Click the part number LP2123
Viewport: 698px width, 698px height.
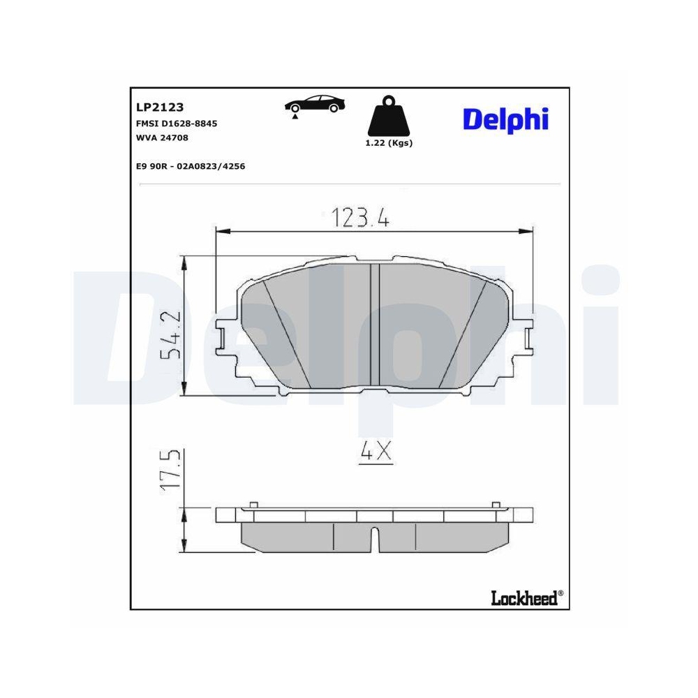pos(159,107)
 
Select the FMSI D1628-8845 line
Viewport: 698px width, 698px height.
pos(177,123)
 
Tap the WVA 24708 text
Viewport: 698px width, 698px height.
pos(162,138)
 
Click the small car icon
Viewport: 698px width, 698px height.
pos(315,105)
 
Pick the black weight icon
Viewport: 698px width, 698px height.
pos(389,117)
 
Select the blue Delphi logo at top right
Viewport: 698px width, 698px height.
pos(506,119)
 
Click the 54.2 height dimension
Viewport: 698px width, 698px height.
pos(170,334)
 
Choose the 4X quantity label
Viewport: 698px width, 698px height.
pos(376,453)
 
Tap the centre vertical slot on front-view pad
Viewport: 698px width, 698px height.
pos(374,325)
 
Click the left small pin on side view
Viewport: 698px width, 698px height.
pos(253,505)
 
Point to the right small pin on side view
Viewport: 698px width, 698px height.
pos(496,505)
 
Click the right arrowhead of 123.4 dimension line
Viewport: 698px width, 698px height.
pos(528,231)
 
